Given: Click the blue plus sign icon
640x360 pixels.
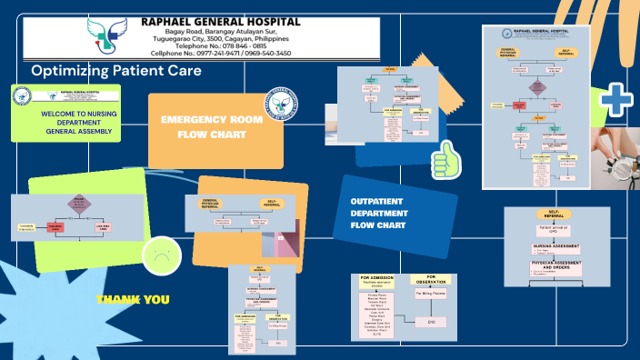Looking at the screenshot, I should pyautogui.click(x=616, y=100).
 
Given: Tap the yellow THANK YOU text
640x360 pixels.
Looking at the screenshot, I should pyautogui.click(x=133, y=299).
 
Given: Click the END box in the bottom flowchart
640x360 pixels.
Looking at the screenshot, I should pyautogui.click(x=432, y=322).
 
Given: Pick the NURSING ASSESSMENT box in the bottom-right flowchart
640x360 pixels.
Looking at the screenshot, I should pyautogui.click(x=556, y=246).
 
